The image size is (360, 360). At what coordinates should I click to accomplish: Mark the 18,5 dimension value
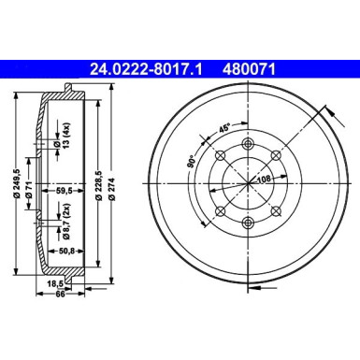(55, 281)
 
